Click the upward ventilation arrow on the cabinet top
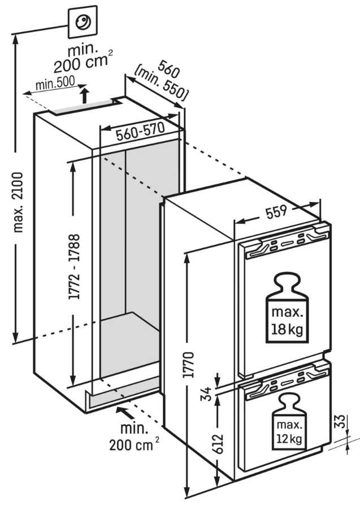click(84, 95)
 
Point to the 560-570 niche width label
click(140, 133)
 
